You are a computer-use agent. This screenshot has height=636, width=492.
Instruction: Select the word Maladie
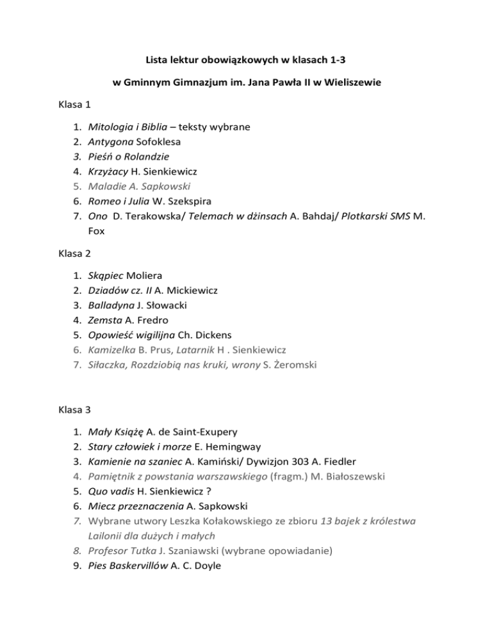[109, 186]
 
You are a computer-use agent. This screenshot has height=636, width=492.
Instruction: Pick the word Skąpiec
[107, 275]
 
